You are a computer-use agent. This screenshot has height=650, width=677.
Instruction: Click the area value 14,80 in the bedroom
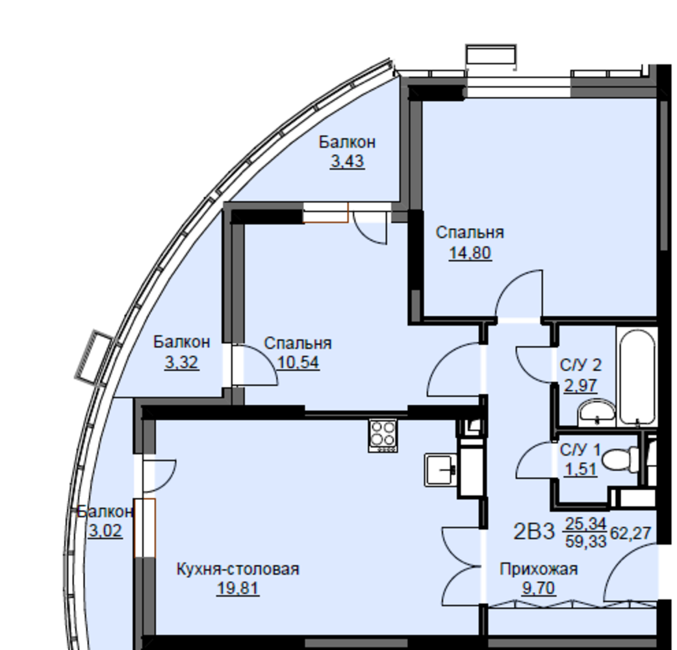pyautogui.click(x=470, y=253)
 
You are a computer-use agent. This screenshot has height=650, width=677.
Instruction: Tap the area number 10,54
pyautogui.click(x=298, y=362)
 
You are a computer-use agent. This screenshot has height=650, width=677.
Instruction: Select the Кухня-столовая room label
pyautogui.click(x=238, y=569)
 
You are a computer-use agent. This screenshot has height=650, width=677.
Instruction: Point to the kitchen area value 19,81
pyautogui.click(x=238, y=588)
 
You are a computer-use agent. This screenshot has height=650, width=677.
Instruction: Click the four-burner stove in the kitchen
pyautogui.click(x=383, y=435)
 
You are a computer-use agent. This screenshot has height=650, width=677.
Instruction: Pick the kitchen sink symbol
pyautogui.click(x=441, y=470)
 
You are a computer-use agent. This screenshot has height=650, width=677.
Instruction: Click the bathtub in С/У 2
pyautogui.click(x=638, y=376)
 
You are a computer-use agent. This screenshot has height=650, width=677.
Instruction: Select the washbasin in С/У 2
pyautogui.click(x=596, y=411)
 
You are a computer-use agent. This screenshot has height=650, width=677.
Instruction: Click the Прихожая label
pyautogui.click(x=539, y=569)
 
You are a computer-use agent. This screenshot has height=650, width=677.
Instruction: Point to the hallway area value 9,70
pyautogui.click(x=539, y=588)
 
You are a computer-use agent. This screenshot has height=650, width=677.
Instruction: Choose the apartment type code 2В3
pyautogui.click(x=533, y=532)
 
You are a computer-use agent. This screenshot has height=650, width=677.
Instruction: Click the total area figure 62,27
pyautogui.click(x=630, y=534)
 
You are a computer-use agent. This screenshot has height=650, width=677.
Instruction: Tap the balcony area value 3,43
pyautogui.click(x=348, y=162)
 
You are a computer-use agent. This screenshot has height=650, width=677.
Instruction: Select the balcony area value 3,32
pyautogui.click(x=182, y=362)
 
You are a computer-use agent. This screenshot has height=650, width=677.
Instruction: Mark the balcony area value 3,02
pyautogui.click(x=105, y=530)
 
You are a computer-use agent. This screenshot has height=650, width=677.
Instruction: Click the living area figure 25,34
pyautogui.click(x=586, y=524)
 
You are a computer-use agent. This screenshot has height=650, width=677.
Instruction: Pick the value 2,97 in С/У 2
pyautogui.click(x=581, y=385)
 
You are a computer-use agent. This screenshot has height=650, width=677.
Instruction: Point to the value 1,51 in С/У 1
pyautogui.click(x=581, y=469)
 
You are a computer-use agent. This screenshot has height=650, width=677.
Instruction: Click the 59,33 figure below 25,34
pyautogui.click(x=586, y=541)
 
